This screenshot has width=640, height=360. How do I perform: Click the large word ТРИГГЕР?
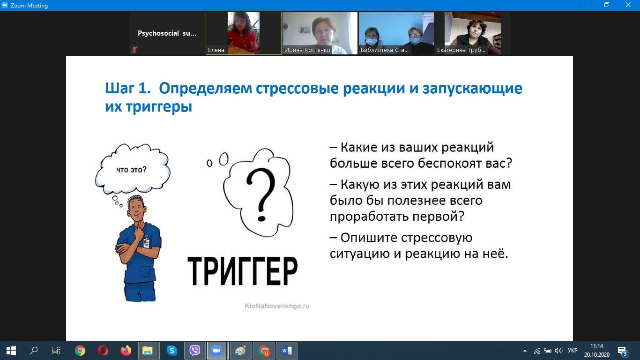[242, 271]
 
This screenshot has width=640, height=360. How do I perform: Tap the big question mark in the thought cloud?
[260, 195]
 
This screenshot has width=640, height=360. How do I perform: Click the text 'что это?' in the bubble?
[131, 170]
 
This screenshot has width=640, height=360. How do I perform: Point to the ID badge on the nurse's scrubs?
[146, 242]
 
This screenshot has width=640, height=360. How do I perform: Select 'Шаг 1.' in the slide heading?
[128, 88]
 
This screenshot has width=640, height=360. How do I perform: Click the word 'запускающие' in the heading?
[472, 89]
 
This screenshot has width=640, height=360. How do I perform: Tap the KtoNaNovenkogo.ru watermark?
[277, 306]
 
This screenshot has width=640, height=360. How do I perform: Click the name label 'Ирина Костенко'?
[307, 50]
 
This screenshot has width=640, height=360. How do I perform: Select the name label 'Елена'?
[216, 50]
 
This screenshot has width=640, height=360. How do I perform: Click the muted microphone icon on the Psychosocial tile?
[134, 50]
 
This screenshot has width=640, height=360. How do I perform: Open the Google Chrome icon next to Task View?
[80, 351]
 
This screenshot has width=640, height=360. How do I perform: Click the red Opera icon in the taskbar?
[103, 351]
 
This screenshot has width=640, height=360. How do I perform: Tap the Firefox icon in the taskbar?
[126, 351]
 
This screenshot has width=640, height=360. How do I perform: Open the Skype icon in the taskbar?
[172, 351]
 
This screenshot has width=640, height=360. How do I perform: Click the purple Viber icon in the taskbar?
[195, 351]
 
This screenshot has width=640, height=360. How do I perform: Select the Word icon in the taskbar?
[287, 351]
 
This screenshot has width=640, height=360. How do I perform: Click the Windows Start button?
[11, 351]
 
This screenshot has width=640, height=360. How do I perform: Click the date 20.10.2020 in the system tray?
[597, 354]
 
